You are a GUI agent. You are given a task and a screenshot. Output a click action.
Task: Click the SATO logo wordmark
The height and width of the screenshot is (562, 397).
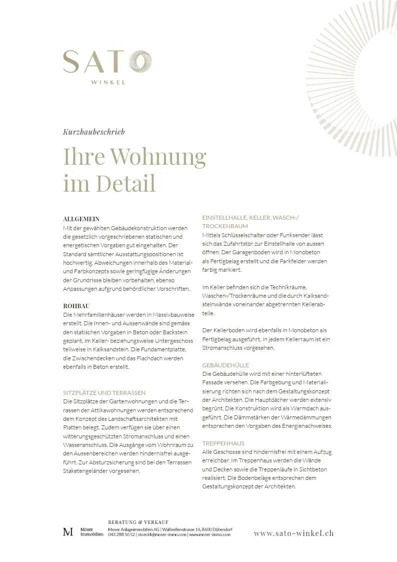[106, 62]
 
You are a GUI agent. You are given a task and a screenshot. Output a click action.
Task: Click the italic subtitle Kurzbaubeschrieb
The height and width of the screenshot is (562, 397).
[94, 132]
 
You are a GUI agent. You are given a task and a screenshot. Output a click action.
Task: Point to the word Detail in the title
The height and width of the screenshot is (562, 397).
[126, 183]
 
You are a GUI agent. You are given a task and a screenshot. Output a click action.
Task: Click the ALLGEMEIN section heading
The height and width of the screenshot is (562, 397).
[81, 219]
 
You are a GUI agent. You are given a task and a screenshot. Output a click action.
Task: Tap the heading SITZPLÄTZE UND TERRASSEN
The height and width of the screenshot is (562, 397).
[104, 393]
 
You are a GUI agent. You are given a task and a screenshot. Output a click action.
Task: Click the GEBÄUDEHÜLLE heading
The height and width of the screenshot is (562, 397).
[225, 365]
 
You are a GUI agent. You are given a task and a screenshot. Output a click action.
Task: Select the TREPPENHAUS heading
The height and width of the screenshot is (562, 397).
[223, 443]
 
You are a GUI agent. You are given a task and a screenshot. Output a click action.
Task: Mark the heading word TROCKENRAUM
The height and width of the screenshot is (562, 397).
[224, 226]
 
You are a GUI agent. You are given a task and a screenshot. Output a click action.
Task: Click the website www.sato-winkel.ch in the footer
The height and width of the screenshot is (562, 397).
[293, 533]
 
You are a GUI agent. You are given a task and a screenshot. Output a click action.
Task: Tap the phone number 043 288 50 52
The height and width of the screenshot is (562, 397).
[122, 534]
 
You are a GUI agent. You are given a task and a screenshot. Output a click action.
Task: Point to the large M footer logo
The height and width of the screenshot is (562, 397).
[68, 532]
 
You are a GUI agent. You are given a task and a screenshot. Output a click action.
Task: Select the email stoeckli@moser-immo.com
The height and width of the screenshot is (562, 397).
[161, 534]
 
